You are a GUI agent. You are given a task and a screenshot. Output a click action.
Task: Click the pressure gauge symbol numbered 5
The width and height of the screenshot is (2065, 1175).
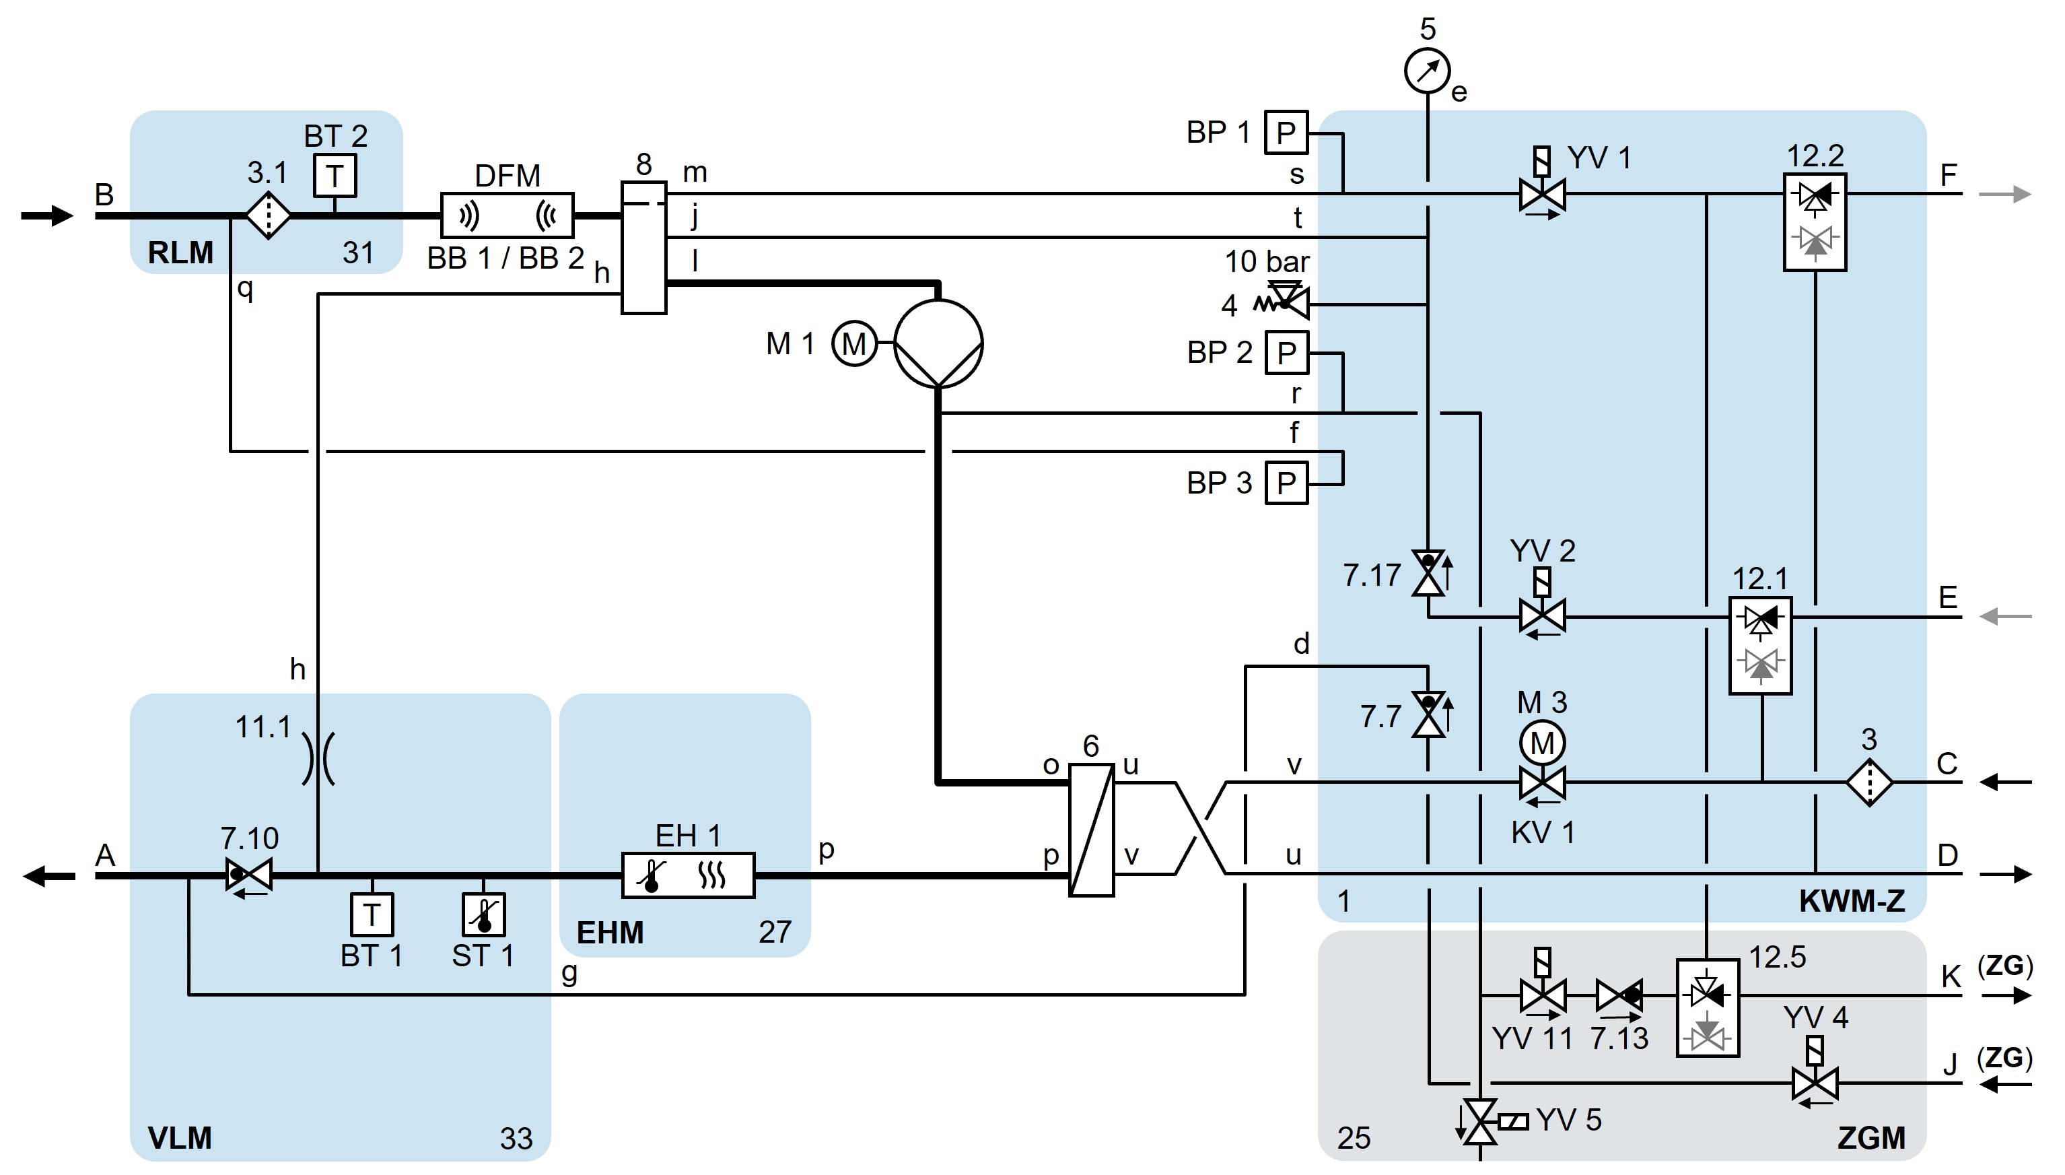coord(1427,71)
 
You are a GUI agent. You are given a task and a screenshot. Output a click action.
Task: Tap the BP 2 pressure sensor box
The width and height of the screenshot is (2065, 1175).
coord(1286,353)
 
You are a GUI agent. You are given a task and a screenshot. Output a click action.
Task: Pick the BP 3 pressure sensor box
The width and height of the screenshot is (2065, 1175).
coord(1286,483)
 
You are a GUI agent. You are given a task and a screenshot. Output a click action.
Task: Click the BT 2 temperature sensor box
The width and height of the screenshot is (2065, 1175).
coord(335,175)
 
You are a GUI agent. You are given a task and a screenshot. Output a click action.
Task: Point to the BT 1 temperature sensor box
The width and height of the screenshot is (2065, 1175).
coord(371,914)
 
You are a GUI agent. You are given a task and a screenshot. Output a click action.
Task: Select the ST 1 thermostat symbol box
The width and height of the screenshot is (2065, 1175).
coord(483,914)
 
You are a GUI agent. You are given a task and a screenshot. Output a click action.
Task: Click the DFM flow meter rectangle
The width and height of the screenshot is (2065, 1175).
coord(508,215)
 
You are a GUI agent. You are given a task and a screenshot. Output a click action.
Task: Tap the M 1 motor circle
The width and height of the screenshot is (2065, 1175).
coord(854,344)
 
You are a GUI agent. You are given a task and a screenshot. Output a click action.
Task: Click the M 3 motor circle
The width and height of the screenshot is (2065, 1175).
coord(1542,743)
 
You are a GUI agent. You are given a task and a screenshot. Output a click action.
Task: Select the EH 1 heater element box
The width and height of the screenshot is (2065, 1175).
coord(688,875)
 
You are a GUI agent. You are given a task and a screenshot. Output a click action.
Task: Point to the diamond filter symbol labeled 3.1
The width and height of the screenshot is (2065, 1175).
coord(268,215)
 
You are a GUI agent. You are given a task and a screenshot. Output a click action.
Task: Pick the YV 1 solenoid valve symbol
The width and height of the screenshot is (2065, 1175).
coord(1542,194)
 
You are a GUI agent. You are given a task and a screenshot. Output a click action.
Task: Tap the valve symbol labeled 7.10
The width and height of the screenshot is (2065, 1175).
coord(248,875)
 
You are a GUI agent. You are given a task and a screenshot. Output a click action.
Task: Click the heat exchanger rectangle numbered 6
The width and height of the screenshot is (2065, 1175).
coord(1091,830)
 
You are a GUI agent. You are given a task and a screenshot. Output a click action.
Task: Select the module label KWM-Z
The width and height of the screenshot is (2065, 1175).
coord(1852,901)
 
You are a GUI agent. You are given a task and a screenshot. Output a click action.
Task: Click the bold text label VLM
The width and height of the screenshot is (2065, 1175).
coord(180,1138)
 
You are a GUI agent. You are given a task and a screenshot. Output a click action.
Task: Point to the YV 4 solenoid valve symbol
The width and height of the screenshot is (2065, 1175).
coord(1815,1081)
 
